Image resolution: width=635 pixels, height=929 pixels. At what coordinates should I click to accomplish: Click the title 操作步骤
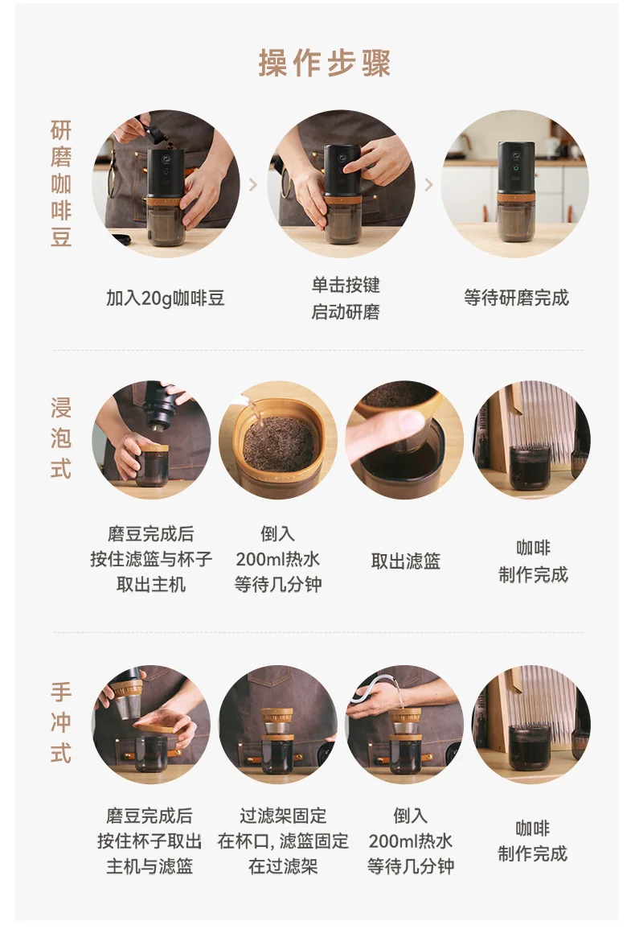pos(325,64)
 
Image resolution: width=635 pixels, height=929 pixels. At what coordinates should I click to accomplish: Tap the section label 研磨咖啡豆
pos(61,183)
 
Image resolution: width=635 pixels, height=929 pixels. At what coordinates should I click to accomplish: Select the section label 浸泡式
pos(61,438)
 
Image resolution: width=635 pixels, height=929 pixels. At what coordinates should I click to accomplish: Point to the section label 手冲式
pos(61,722)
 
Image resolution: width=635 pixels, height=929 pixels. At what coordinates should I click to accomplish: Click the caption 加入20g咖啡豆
pos(166,298)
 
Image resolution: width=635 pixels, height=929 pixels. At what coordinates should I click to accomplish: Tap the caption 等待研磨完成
pos(517,298)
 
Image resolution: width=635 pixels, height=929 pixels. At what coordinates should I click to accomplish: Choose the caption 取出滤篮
pos(406,561)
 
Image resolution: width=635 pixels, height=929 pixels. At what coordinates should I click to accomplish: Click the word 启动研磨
pos(346,311)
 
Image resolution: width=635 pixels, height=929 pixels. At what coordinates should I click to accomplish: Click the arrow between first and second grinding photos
pos(253,185)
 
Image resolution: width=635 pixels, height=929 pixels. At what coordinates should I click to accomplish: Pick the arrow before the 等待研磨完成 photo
pos(429,185)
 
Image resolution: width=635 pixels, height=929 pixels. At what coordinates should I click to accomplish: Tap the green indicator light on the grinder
pos(515,167)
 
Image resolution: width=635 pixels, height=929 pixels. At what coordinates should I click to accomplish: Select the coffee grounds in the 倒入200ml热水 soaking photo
pos(278,443)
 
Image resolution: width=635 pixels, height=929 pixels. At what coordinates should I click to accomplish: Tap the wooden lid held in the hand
pos(156,727)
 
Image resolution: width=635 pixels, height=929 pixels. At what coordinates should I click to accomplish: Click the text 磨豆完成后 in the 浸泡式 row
pos(151,534)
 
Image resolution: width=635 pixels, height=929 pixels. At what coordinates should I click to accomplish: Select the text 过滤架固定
pos(283,816)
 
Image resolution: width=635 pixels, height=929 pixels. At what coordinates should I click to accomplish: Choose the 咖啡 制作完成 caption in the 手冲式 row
pos(533,841)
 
